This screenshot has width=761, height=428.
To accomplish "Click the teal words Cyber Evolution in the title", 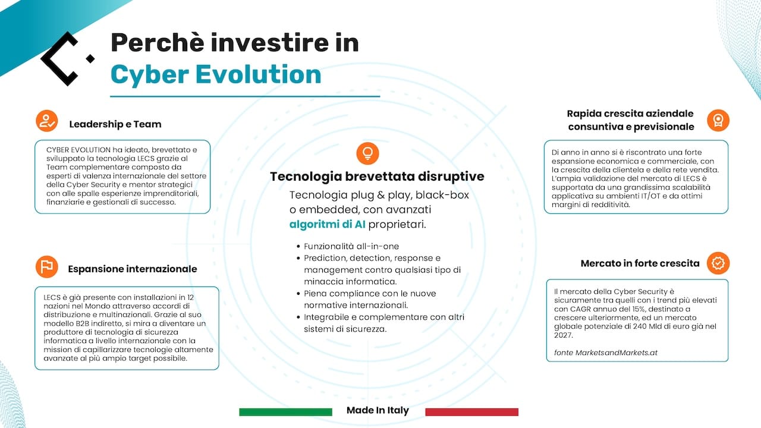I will (216, 74).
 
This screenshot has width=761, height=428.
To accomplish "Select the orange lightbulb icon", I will (367, 153).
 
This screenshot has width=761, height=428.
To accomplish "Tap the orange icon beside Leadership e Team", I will (46, 120).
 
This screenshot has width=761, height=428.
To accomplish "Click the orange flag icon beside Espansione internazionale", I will (46, 267).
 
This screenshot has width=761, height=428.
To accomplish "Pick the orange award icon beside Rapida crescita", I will (718, 120).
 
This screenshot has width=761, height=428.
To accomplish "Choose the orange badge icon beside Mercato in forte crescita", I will (718, 263).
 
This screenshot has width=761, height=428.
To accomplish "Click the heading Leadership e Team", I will (115, 124).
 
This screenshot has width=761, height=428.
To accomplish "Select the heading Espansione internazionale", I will (132, 269).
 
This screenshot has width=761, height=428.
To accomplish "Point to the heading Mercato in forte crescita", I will (640, 263).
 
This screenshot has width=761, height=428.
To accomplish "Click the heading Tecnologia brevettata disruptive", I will (377, 177).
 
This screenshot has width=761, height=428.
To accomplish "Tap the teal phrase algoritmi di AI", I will (327, 224).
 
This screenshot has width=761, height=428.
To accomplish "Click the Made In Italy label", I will (378, 411).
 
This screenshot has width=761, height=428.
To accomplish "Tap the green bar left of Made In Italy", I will (285, 412).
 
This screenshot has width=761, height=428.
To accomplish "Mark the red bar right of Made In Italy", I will (471, 412).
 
